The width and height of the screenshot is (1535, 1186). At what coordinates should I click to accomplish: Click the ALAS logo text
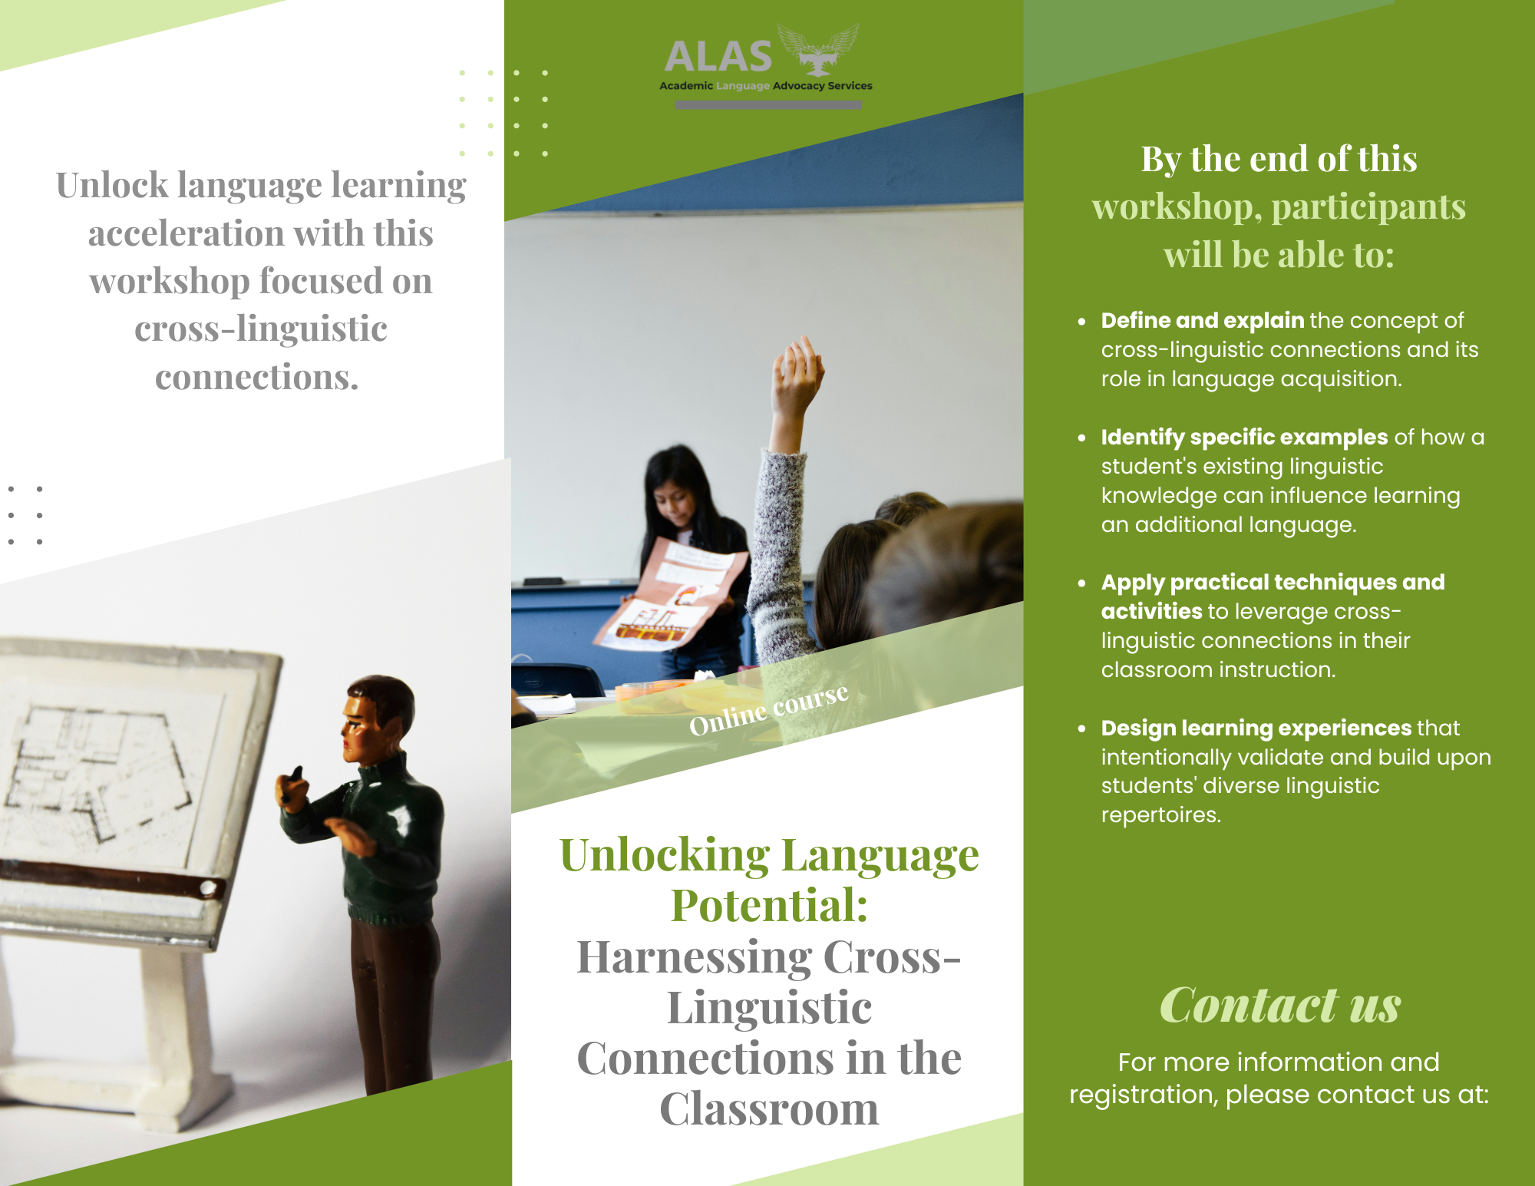(718, 57)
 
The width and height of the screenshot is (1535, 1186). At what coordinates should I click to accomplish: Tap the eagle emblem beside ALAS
(818, 49)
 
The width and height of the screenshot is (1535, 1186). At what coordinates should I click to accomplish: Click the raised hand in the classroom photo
(798, 376)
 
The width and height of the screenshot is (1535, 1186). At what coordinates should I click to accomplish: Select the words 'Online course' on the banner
(769, 709)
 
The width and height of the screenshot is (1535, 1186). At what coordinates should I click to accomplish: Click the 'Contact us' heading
(1279, 1005)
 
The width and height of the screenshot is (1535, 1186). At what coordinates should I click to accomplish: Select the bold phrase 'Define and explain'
(1203, 320)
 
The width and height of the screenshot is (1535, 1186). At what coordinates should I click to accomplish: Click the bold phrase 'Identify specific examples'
(1244, 437)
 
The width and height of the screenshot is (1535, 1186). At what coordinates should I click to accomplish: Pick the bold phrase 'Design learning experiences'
(1256, 728)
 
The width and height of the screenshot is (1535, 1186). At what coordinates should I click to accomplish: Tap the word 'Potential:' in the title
(770, 906)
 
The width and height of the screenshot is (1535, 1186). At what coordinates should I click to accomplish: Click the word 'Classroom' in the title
(770, 1109)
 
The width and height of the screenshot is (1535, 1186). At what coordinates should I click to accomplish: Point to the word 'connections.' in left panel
(257, 377)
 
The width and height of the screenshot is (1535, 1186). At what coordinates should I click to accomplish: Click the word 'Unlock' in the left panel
(112, 185)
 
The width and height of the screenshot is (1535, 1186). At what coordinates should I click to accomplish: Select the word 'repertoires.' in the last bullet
(1160, 815)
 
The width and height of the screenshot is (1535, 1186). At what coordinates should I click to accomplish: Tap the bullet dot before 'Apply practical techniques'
(1081, 583)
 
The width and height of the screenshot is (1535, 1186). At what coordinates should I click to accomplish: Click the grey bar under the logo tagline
(768, 105)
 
